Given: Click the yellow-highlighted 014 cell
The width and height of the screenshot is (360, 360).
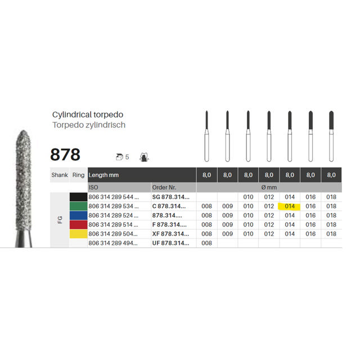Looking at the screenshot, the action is [289, 206].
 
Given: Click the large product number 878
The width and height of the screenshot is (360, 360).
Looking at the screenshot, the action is [65, 155].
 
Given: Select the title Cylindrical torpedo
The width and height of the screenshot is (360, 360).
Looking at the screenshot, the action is [88, 115].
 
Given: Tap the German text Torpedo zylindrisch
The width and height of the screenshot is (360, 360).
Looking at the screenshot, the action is [89, 125].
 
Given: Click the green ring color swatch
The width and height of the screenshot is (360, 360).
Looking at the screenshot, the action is [79, 206].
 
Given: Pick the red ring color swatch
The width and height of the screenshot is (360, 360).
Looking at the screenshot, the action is [79, 224].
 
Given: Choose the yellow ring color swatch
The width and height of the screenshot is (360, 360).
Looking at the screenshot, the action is [79, 234].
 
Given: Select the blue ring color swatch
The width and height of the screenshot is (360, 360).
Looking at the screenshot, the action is [79, 215].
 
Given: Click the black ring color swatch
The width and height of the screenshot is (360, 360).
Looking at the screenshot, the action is [79, 197].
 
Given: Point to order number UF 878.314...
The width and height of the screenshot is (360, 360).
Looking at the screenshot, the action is [171, 243].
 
